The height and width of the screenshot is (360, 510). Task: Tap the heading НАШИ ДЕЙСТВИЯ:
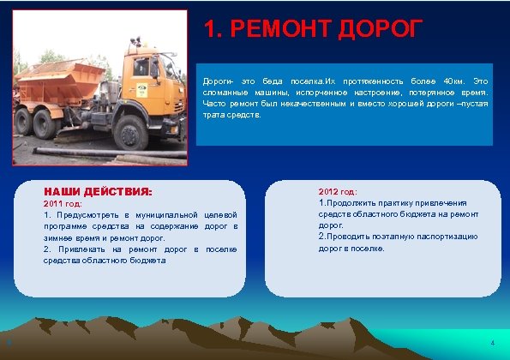pyautogui.click(x=98, y=192)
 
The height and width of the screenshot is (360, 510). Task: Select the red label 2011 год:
pyautogui.click(x=63, y=204)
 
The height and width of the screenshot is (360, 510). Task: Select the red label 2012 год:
pyautogui.click(x=337, y=192)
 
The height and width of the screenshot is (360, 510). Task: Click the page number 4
pyautogui.click(x=492, y=344)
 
